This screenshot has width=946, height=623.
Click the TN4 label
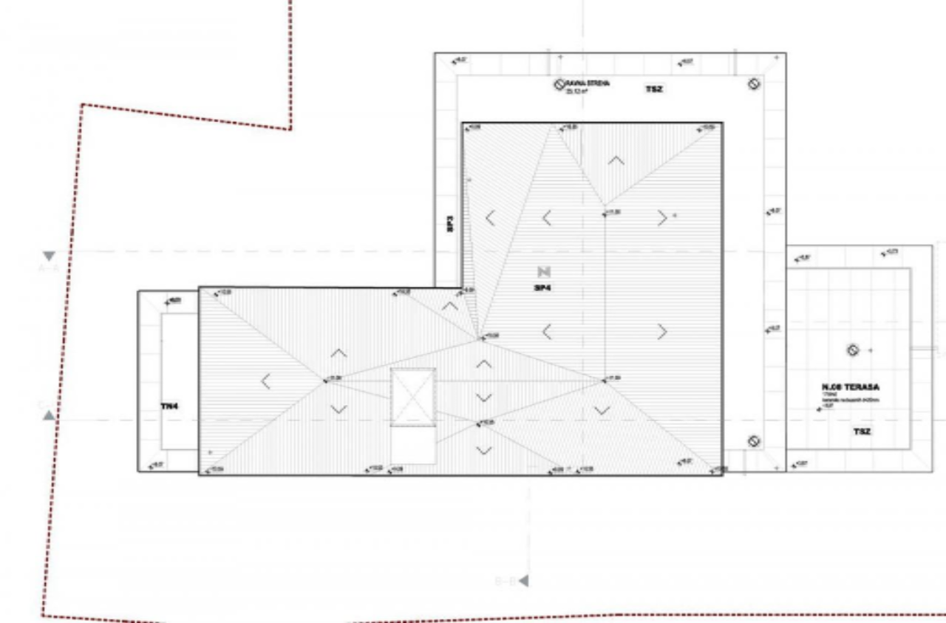point(170,406)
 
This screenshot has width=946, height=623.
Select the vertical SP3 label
point(449,224)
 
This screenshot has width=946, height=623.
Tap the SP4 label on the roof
point(542,287)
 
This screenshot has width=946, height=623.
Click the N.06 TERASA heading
point(851,387)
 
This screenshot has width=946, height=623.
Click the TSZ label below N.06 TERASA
point(862,431)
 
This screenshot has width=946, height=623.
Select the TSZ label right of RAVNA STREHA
point(654,89)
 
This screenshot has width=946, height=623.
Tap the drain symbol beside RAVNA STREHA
point(560,84)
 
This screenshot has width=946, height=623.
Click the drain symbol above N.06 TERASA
point(852,350)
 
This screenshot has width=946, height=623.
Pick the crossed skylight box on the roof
point(413,398)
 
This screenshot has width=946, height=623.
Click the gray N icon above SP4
point(545,271)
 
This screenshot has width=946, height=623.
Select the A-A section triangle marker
point(49,256)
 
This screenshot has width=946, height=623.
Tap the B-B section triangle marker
point(523,581)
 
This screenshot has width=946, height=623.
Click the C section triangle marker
point(49,415)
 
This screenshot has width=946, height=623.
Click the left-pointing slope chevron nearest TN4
point(265,381)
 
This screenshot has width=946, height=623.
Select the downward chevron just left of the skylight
point(338,409)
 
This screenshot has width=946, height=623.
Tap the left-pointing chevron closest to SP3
point(490,218)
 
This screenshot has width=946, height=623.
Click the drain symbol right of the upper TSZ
point(754,84)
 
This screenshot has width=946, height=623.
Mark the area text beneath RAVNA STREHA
point(576,92)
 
